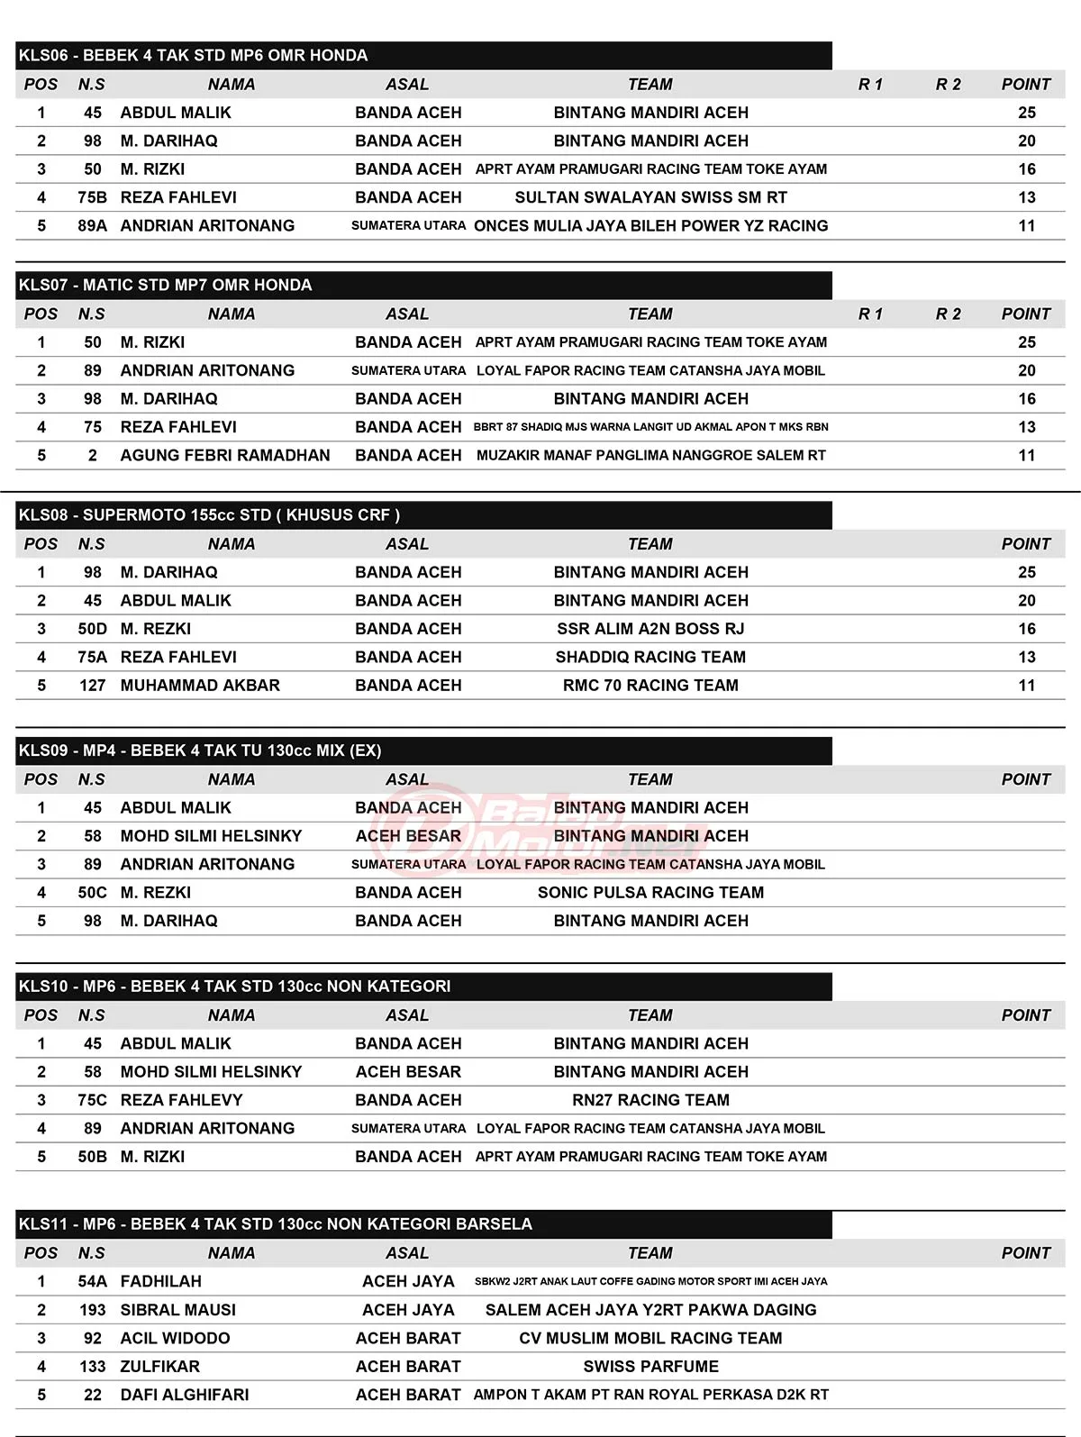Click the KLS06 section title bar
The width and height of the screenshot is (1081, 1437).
[x=423, y=55]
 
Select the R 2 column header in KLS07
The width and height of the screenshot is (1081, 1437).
[x=948, y=314]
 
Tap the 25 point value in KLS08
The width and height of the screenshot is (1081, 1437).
[x=1027, y=572]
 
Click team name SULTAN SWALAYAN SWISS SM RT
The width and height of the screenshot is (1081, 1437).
[x=650, y=197]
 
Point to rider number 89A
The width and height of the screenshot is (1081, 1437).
[x=92, y=225]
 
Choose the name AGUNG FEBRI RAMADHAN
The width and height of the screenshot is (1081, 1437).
[x=225, y=455]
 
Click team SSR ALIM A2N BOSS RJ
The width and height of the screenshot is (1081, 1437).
[x=650, y=629]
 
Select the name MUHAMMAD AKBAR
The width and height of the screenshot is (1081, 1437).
[x=200, y=685]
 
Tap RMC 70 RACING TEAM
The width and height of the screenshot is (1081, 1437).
[x=650, y=685]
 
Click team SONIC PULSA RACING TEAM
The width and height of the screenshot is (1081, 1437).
[x=650, y=892]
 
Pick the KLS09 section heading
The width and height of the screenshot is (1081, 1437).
[x=423, y=750]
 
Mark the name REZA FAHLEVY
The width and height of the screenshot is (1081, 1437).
[x=181, y=1100]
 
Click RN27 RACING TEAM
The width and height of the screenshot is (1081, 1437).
[x=650, y=1100]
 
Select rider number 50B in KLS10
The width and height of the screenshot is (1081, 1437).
[x=92, y=1156]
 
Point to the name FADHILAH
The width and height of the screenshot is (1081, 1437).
[x=160, y=1281]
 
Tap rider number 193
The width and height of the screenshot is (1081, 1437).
[x=92, y=1310]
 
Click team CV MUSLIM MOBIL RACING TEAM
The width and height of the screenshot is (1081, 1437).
[x=650, y=1338]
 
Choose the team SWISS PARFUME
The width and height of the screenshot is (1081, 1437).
[x=650, y=1367]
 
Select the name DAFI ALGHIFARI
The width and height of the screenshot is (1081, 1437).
[x=185, y=1395]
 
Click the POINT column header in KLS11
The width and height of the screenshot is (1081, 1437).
[x=1026, y=1252]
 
